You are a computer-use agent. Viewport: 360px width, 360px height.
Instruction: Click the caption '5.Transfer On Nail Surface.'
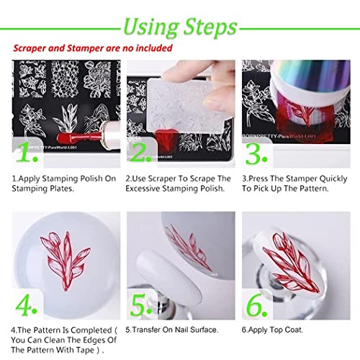point(172,330)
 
